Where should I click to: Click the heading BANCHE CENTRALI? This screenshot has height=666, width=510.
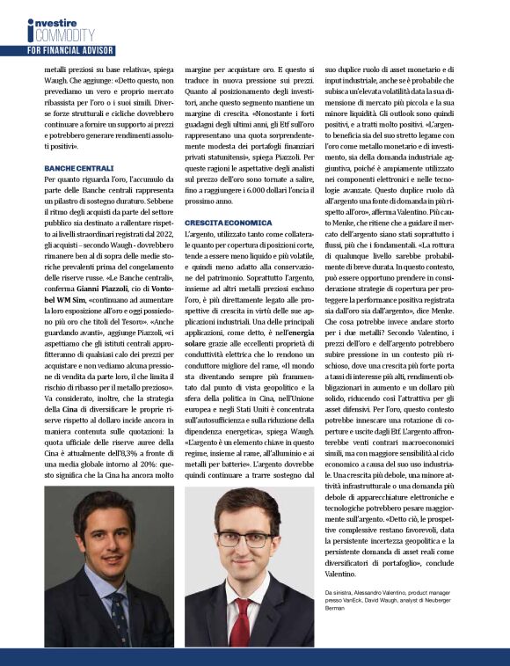click(78, 167)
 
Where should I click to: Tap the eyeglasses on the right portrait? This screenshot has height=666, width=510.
click(242, 538)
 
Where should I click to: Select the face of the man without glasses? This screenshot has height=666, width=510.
click(105, 538)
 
